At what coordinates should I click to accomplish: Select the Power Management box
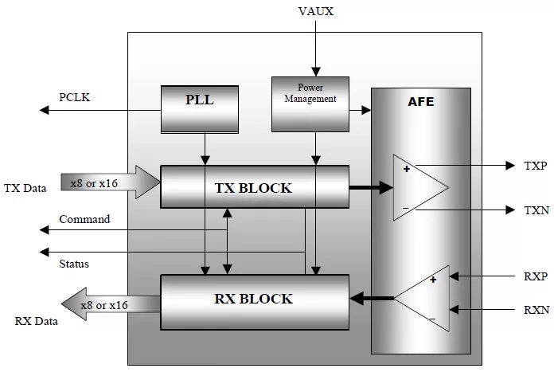tap(310, 104)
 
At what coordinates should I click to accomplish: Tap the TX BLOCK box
tap(255, 188)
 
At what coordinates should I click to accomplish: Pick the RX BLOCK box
tap(255, 299)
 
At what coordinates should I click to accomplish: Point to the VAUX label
tap(315, 10)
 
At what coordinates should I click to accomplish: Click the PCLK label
tap(76, 98)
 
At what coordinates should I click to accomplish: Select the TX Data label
tap(25, 188)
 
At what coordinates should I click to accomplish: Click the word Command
tap(84, 219)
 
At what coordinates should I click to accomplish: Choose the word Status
tap(74, 263)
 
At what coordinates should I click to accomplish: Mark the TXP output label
tap(535, 166)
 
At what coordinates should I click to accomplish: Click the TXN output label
tap(535, 209)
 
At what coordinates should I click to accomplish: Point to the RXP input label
tap(535, 277)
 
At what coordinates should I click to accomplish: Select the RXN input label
tap(535, 310)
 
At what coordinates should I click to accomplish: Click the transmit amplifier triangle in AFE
tap(417, 188)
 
